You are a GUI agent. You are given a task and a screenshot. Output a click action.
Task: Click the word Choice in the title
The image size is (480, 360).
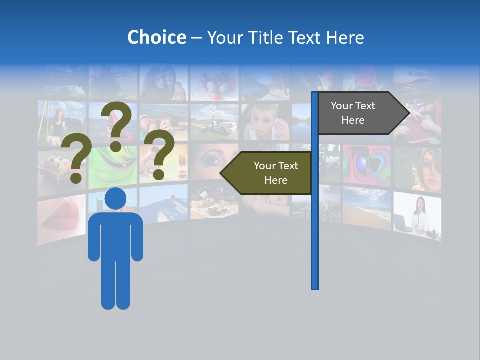[x=156, y=37]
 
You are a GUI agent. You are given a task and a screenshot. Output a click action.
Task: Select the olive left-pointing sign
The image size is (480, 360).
[x=267, y=173]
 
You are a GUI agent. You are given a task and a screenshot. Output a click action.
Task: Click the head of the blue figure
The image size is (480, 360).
[x=115, y=199]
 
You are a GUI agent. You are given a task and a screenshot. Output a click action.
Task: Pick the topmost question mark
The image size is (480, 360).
[x=117, y=125]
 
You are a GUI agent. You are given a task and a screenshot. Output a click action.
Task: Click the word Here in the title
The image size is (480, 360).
[x=345, y=37]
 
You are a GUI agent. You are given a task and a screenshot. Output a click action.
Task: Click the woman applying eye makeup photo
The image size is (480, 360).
[x=265, y=122]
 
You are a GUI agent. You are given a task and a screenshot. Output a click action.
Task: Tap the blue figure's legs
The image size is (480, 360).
[x=115, y=285]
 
